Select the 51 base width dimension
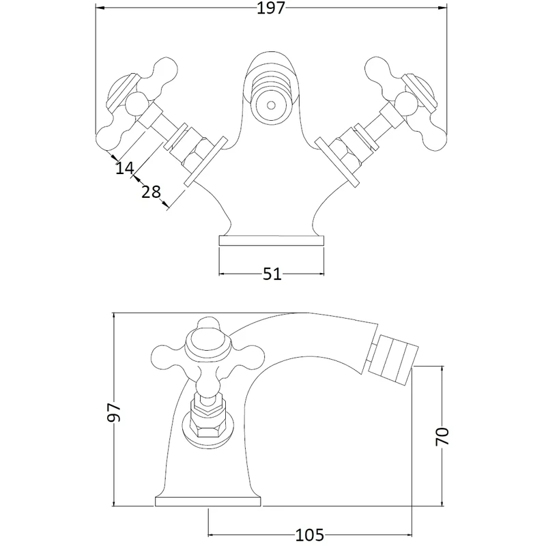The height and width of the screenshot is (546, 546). (272, 274)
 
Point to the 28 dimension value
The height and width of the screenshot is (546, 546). (151, 192)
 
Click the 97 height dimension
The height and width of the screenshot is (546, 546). (114, 412)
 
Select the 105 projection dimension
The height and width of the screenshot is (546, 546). (310, 534)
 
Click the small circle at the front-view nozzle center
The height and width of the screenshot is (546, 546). (272, 105)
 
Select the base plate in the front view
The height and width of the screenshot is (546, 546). (272, 241)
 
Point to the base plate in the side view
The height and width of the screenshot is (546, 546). (209, 502)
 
